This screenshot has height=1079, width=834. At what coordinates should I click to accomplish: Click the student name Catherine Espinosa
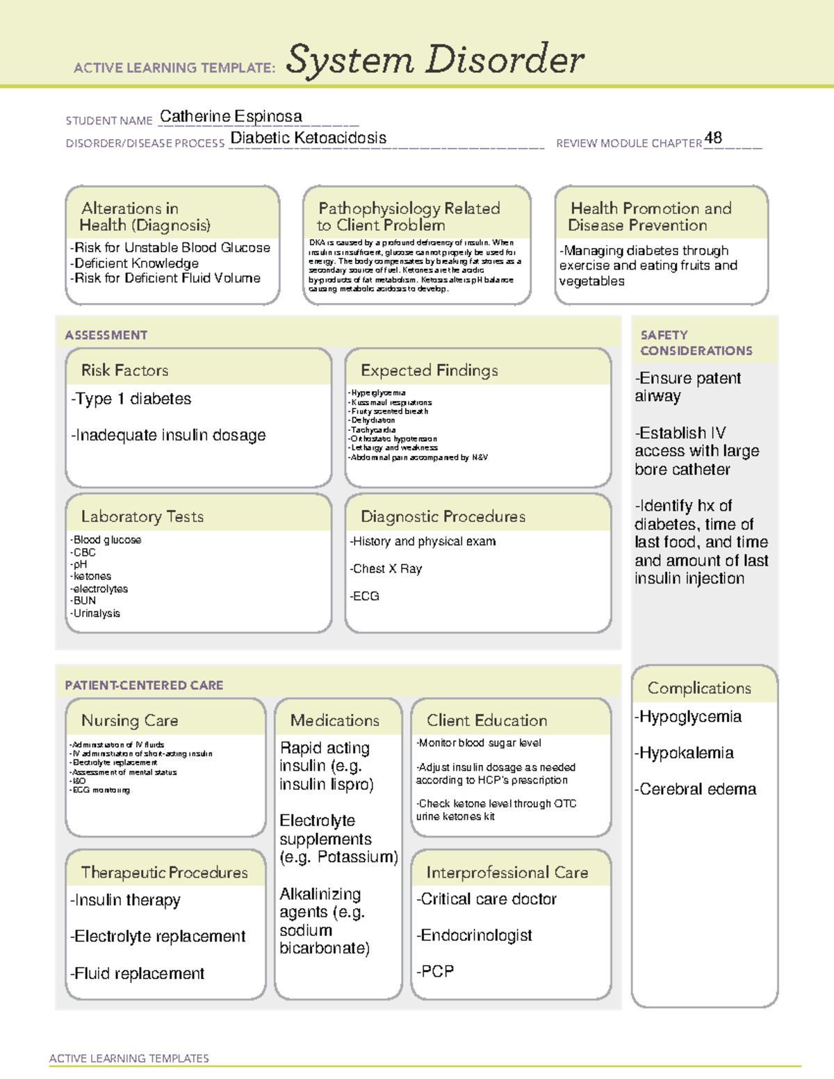[x=231, y=117]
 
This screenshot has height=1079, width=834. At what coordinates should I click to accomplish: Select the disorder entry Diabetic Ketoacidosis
[x=308, y=138]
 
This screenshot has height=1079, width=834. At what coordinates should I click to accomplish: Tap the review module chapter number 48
[x=713, y=138]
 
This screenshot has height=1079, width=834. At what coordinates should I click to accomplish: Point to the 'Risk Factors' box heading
[x=125, y=370]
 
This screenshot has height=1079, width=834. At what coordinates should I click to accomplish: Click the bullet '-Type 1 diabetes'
[x=131, y=399]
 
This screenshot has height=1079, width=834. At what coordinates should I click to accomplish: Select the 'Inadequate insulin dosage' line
[x=168, y=435]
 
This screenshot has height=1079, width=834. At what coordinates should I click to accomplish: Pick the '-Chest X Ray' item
[x=386, y=569]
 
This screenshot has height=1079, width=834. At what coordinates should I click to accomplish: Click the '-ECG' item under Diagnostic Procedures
[x=365, y=596]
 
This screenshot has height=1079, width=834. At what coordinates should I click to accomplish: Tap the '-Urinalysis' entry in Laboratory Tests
[x=95, y=613]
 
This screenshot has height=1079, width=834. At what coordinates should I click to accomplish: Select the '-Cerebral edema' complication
[x=695, y=789]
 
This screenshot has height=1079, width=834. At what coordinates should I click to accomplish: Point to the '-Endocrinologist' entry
[x=475, y=935]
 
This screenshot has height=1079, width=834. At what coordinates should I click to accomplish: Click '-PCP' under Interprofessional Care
[x=435, y=971]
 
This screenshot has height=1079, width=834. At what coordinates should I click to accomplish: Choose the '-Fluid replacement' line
[x=138, y=973]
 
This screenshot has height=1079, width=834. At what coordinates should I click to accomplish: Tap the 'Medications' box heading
[x=335, y=720]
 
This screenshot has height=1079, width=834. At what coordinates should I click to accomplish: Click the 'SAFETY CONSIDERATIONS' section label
[x=696, y=343]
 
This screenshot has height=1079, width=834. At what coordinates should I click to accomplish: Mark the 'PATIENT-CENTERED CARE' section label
[x=144, y=685]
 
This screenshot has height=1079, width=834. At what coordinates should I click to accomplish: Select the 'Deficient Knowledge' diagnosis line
[x=135, y=263]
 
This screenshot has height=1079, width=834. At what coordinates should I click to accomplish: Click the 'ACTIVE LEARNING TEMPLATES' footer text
[x=129, y=1058]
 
